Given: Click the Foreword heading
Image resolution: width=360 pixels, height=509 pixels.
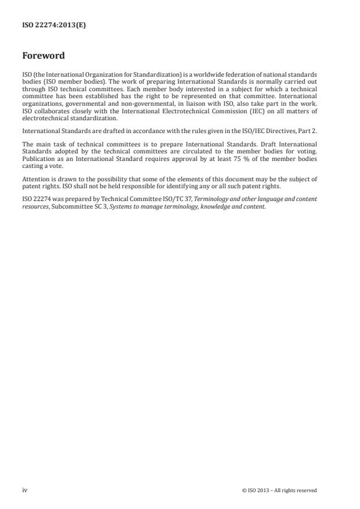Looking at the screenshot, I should [43, 56].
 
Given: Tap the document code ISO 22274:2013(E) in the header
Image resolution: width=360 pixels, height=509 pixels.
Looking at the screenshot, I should [53, 25].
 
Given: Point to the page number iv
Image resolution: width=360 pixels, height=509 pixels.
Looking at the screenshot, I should [24, 490].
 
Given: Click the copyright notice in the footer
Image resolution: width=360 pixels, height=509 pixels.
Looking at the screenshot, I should [279, 490].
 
